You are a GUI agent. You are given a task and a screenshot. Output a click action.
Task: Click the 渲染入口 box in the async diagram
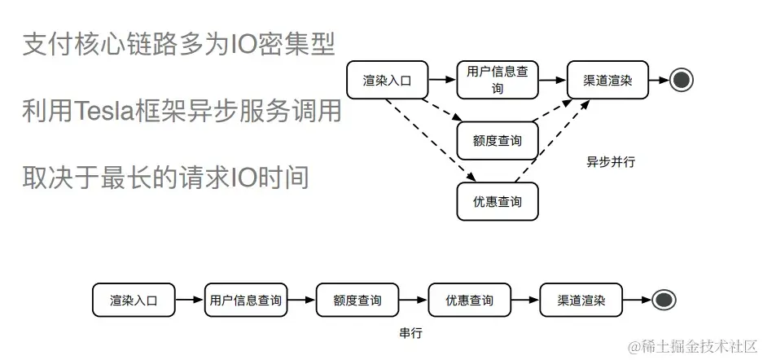(x=388, y=80)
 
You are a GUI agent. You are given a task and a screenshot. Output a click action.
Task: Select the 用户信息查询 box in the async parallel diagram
(x=497, y=80)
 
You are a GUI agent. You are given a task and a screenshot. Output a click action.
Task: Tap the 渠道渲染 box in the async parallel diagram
(x=607, y=80)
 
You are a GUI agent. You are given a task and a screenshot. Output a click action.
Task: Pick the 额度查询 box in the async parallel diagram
(x=497, y=141)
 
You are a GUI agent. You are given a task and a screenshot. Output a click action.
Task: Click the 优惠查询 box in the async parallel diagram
(x=497, y=201)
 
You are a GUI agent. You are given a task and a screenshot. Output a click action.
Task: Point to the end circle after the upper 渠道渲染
(x=682, y=80)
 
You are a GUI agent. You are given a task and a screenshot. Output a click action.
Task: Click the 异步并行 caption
(x=611, y=161)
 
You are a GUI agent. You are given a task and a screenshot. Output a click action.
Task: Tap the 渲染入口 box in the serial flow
(x=133, y=301)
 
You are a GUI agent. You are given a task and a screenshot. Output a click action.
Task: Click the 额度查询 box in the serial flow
(x=357, y=301)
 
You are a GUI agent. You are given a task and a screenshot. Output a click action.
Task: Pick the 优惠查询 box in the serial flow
(x=469, y=301)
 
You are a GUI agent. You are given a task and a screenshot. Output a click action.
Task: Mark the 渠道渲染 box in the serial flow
(x=581, y=301)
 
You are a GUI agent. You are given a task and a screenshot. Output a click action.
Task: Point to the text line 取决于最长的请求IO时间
(x=165, y=175)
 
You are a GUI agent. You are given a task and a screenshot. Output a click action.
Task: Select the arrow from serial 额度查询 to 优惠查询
(x=414, y=301)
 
